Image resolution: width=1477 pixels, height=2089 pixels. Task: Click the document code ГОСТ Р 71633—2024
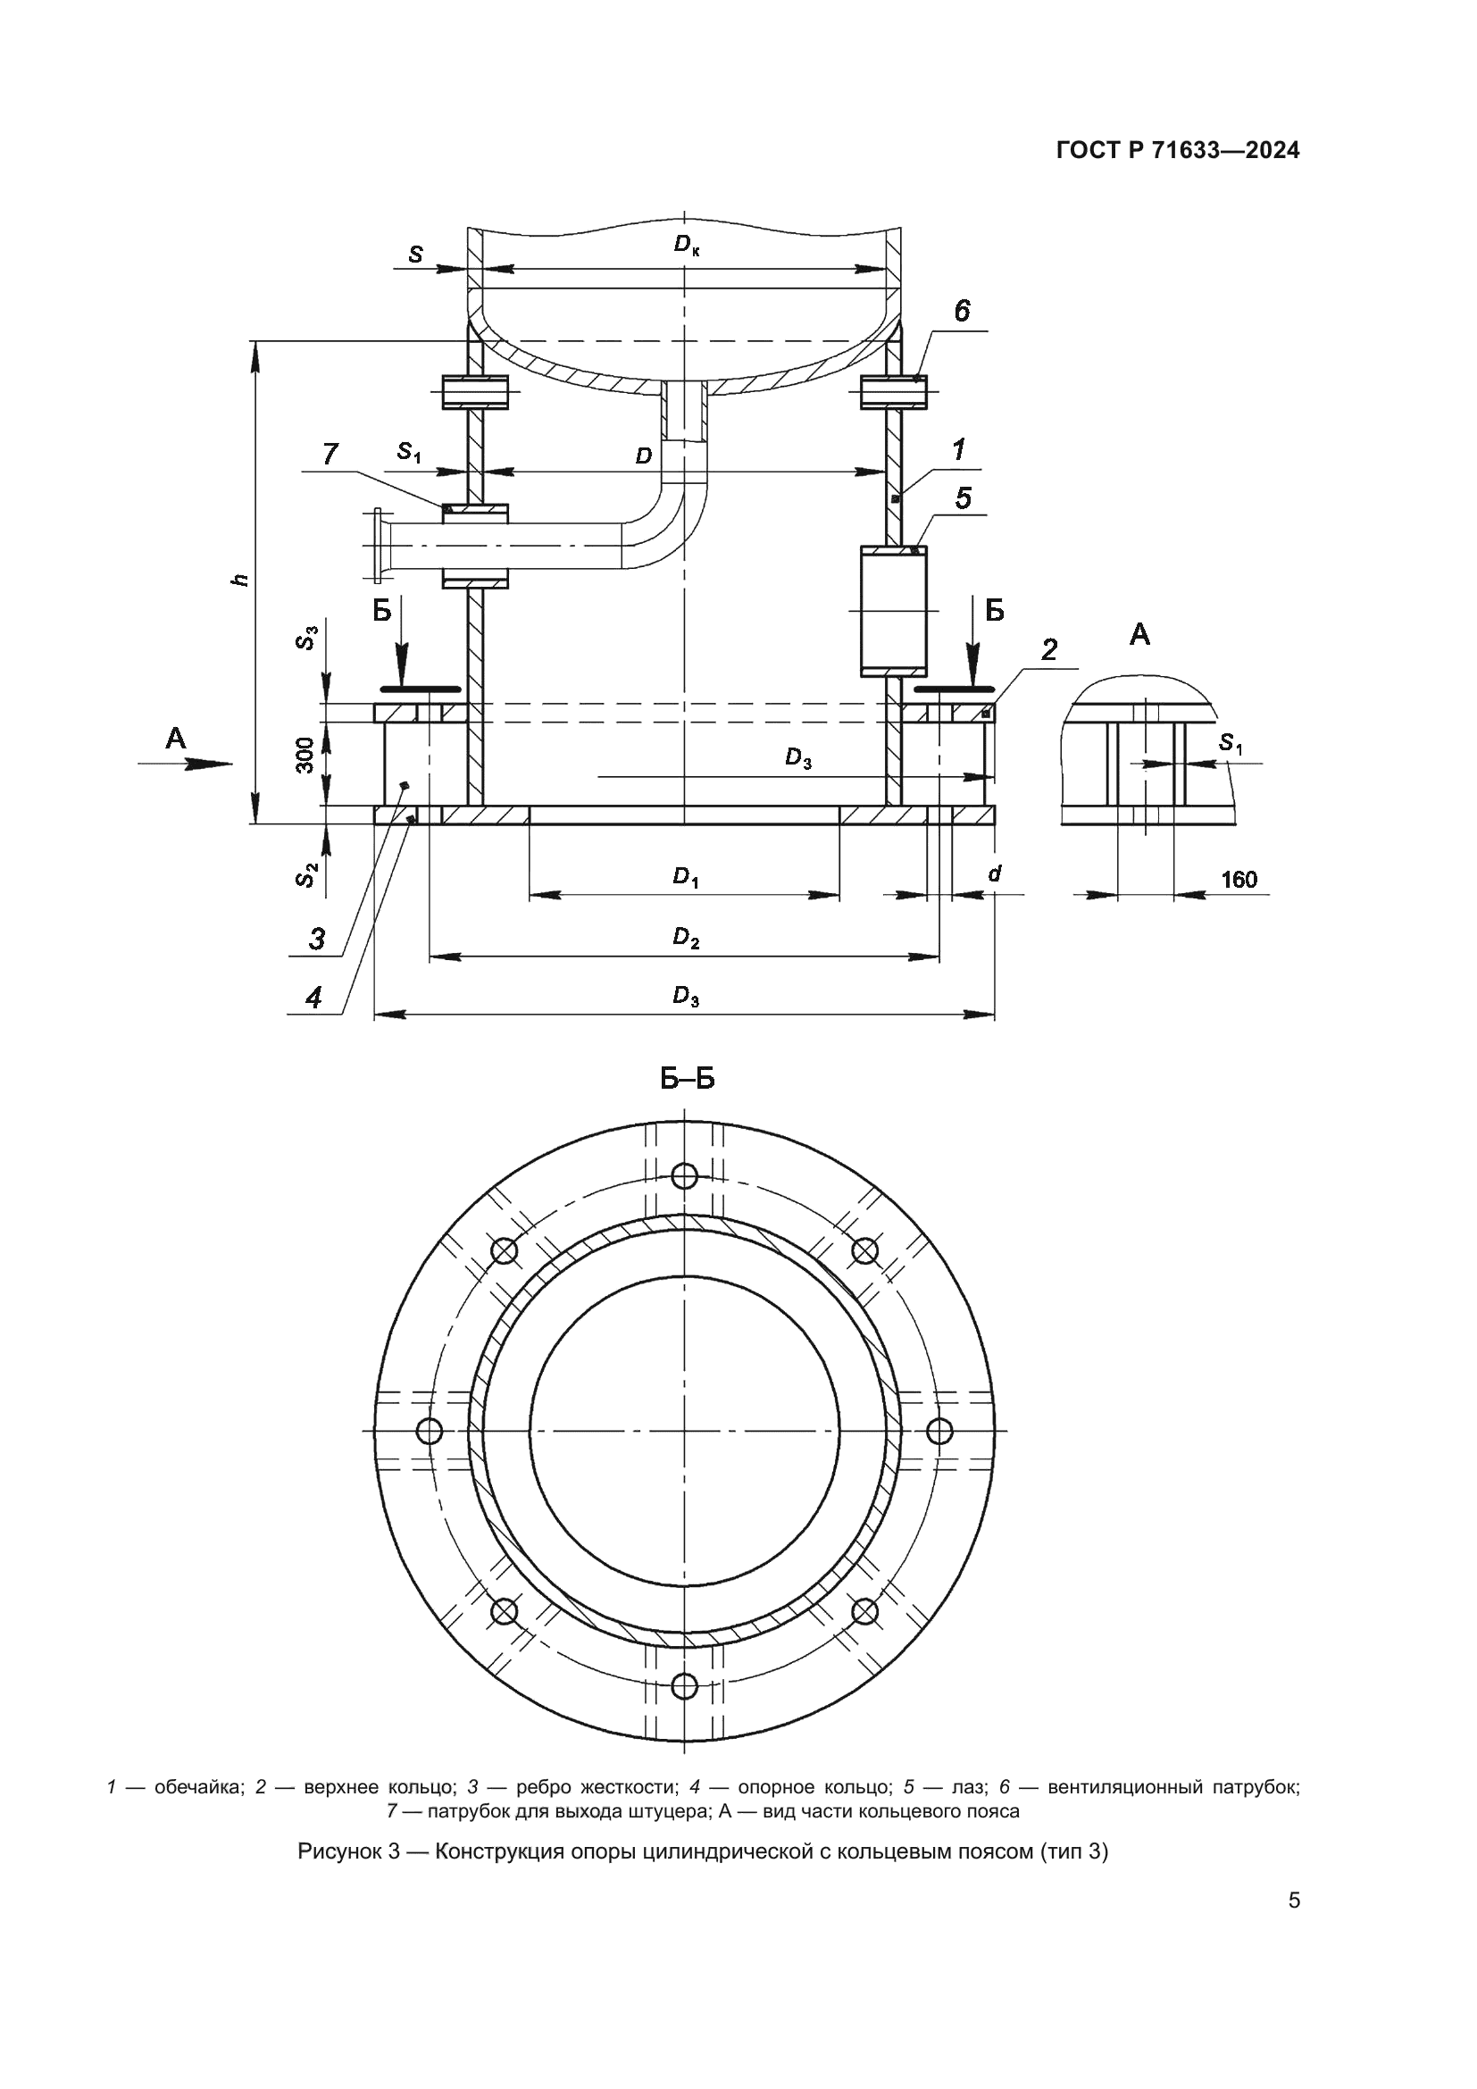click(x=1178, y=151)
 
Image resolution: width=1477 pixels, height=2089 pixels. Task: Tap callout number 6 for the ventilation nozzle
click(x=962, y=312)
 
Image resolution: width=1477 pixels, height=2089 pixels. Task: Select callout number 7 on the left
click(x=330, y=453)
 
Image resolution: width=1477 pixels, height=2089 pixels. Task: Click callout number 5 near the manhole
click(x=964, y=497)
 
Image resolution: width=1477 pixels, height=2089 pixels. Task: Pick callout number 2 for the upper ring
click(x=1049, y=649)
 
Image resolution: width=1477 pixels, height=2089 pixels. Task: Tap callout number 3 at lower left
click(x=316, y=938)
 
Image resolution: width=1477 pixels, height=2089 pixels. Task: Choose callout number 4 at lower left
click(x=313, y=999)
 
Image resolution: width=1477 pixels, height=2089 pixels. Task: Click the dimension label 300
click(x=305, y=756)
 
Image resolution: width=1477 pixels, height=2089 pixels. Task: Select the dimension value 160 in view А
click(x=1239, y=879)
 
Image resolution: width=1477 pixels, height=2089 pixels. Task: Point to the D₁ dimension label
click(x=685, y=877)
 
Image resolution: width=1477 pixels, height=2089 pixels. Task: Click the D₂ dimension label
click(x=686, y=938)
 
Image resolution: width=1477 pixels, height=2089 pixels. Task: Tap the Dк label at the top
click(x=687, y=244)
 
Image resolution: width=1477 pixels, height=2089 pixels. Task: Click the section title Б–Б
click(x=687, y=1080)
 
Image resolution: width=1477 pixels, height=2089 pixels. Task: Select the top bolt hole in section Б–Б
click(x=684, y=1176)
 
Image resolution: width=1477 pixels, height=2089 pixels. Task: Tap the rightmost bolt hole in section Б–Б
click(x=939, y=1431)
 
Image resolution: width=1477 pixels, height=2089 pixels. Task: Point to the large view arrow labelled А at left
click(x=187, y=764)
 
